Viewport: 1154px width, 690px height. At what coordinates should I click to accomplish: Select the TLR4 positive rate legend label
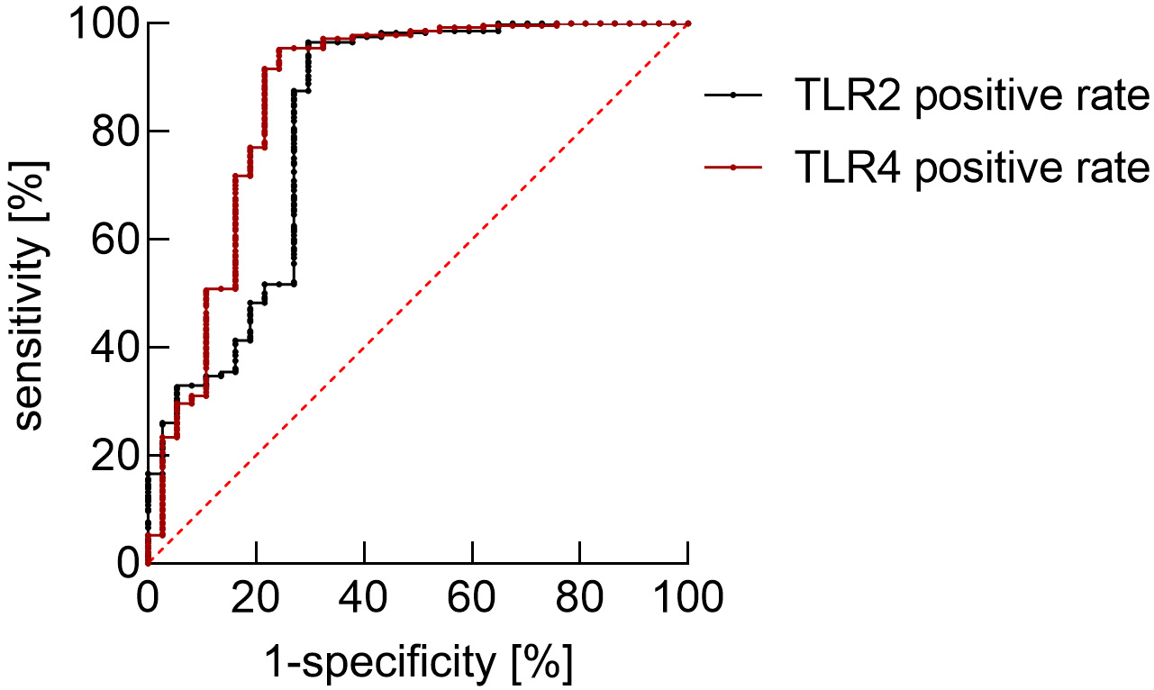pos(972,168)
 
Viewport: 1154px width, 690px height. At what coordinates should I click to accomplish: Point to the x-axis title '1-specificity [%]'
pos(419,664)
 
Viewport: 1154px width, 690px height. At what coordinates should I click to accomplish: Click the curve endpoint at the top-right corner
pos(688,23)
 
